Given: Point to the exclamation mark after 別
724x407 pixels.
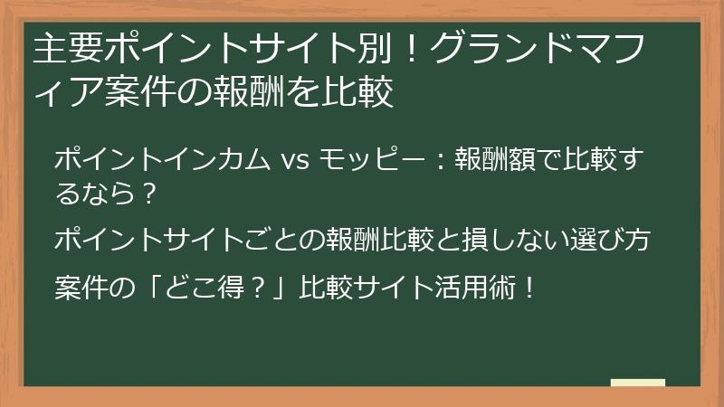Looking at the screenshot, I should [x=411, y=49].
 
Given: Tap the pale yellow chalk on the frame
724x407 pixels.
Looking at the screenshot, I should [x=638, y=383].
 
